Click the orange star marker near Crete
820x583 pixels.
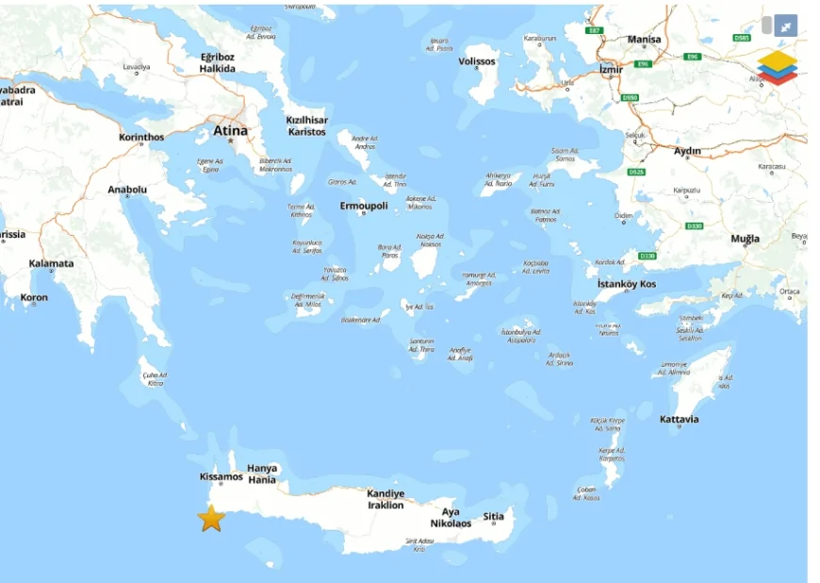tap(211, 518)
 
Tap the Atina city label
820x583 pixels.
tap(231, 131)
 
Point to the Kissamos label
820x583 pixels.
tap(221, 476)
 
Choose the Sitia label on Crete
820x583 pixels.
tap(493, 516)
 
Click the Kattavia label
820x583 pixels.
tap(680, 419)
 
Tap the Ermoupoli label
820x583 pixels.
tap(364, 206)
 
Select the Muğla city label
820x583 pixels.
tap(745, 239)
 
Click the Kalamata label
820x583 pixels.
tap(51, 263)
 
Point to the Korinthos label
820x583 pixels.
tap(141, 137)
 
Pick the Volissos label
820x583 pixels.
tap(476, 61)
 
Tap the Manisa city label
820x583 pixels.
tap(645, 40)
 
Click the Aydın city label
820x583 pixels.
tap(688, 151)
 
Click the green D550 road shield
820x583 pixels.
tap(631, 97)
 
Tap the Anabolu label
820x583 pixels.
tap(127, 190)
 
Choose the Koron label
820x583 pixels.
tap(34, 297)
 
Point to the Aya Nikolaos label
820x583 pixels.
tap(451, 517)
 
